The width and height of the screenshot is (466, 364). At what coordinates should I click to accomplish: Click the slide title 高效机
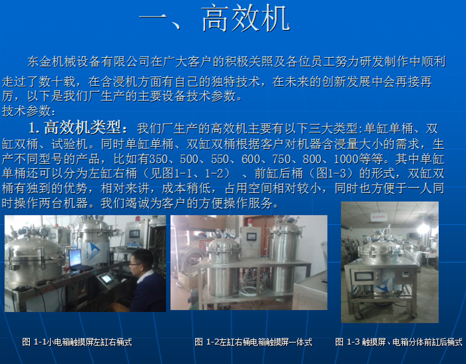click(246, 19)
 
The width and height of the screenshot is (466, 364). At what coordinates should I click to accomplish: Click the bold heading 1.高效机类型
click(79, 128)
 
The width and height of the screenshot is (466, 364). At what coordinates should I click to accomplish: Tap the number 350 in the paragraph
click(158, 159)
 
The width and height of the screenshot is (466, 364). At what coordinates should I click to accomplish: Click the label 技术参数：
click(29, 111)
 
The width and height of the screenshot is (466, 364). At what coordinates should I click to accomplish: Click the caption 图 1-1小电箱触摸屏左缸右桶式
click(77, 342)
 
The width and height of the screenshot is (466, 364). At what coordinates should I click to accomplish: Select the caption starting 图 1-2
click(253, 342)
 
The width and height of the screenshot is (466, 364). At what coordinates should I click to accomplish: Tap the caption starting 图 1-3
click(399, 342)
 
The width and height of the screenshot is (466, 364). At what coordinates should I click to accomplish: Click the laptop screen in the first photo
click(75, 258)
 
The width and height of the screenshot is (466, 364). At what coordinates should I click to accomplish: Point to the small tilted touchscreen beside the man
click(106, 279)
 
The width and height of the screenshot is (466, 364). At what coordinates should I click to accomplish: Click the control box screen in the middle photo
click(252, 237)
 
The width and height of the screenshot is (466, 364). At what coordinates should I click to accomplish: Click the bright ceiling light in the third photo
click(422, 228)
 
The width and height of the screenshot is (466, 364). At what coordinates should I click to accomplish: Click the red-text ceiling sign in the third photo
click(379, 217)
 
